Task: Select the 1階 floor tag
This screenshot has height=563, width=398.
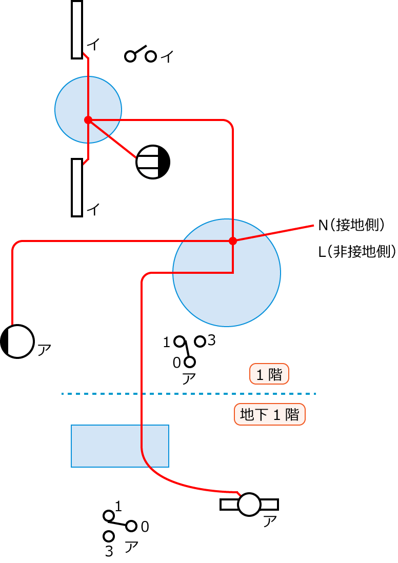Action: click(269, 374)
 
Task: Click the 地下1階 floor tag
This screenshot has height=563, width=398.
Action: click(269, 414)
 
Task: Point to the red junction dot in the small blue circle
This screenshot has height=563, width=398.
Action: click(88, 120)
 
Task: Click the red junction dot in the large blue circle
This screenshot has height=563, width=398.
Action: click(232, 240)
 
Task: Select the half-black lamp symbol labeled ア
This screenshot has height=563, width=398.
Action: click(17, 341)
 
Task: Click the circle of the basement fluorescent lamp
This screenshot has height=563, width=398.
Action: click(250, 504)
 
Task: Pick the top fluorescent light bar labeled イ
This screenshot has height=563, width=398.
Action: click(77, 29)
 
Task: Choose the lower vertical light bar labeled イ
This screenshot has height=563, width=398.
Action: click(77, 187)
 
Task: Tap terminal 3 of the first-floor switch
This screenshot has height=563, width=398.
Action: click(200, 341)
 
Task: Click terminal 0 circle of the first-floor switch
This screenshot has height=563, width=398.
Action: click(190, 362)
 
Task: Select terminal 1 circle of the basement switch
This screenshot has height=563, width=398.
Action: click(109, 515)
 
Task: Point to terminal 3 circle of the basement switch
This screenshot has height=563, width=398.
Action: click(109, 536)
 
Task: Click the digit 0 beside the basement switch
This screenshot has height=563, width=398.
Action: click(145, 527)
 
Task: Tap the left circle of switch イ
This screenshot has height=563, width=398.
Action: click(130, 56)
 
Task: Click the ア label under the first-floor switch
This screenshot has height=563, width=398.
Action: click(189, 379)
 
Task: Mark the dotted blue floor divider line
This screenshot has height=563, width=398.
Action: click(188, 394)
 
